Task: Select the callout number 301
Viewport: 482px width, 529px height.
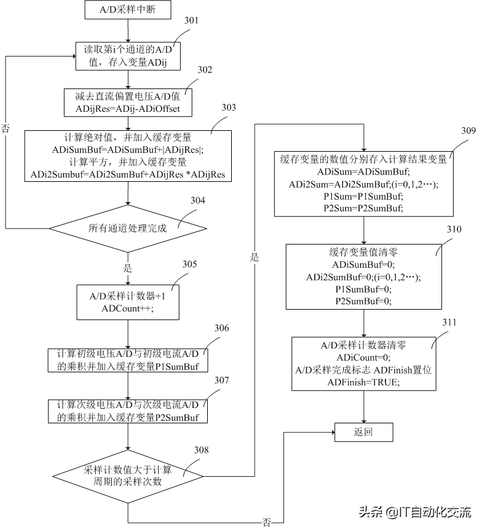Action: click(x=191, y=20)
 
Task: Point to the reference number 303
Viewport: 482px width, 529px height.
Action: click(x=228, y=107)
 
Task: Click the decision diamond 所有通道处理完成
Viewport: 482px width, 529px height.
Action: click(x=128, y=227)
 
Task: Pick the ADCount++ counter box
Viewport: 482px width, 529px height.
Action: click(x=127, y=302)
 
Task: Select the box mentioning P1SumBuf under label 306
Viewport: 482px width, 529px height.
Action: click(x=127, y=360)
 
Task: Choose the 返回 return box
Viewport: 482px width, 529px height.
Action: click(x=363, y=432)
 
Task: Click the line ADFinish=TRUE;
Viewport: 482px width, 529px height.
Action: click(x=363, y=382)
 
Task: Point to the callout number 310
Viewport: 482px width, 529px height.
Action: click(x=454, y=229)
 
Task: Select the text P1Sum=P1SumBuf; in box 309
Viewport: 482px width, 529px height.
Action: click(x=363, y=196)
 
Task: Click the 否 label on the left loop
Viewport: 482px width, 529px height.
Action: click(x=6, y=128)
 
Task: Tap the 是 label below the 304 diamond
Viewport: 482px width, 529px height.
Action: click(x=128, y=268)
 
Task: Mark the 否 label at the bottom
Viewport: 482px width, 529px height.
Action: click(x=266, y=522)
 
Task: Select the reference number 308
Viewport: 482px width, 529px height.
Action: click(x=200, y=450)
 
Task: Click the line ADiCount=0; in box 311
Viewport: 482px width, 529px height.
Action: click(x=363, y=357)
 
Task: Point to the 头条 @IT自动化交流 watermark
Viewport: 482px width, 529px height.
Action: click(x=424, y=512)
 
